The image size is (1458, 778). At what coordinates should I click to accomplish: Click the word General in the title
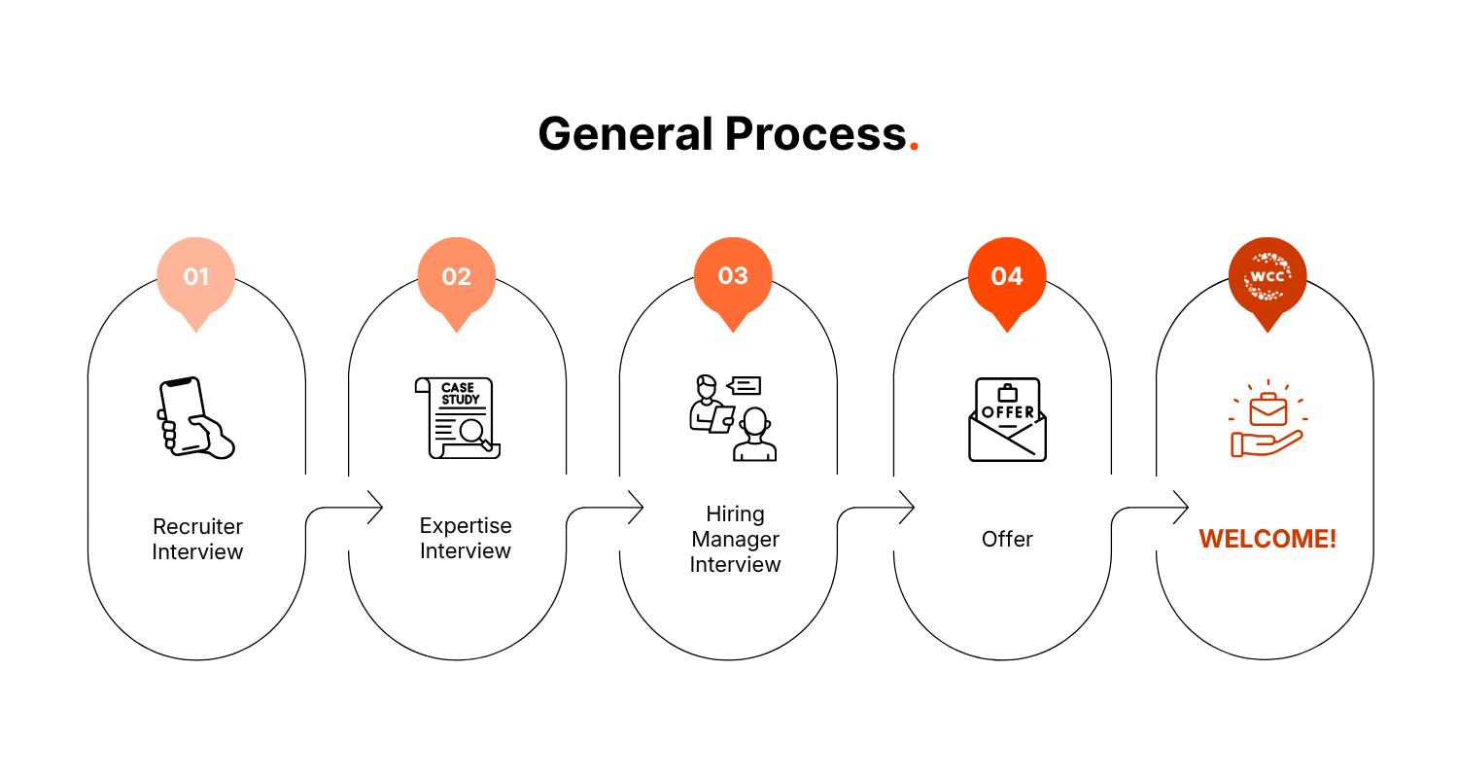pos(625,133)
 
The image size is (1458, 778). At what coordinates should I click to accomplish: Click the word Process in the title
pos(816,133)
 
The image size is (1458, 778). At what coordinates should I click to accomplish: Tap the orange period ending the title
pos(914,148)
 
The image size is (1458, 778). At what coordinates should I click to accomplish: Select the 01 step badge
pos(196,277)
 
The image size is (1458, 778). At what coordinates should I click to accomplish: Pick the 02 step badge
pos(456,277)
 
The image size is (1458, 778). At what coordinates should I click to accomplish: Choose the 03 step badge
pos(733,276)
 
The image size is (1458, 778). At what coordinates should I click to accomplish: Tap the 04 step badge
pos(1007,277)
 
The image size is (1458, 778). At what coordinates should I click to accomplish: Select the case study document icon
pos(458,417)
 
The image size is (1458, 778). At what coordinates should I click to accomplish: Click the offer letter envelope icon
pos(1007,419)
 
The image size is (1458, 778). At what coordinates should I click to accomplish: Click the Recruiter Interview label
pos(197,539)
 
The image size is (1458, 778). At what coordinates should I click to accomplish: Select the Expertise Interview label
pos(466,538)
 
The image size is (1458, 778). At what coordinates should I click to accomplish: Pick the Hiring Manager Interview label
pos(735,539)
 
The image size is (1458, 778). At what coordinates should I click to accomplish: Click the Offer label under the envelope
pos(1007,539)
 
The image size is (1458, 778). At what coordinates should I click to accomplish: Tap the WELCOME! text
pos(1267,539)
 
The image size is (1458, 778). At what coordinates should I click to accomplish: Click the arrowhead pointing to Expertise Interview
pos(375,507)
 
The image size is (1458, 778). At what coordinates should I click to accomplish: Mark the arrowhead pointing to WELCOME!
pos(1181,507)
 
